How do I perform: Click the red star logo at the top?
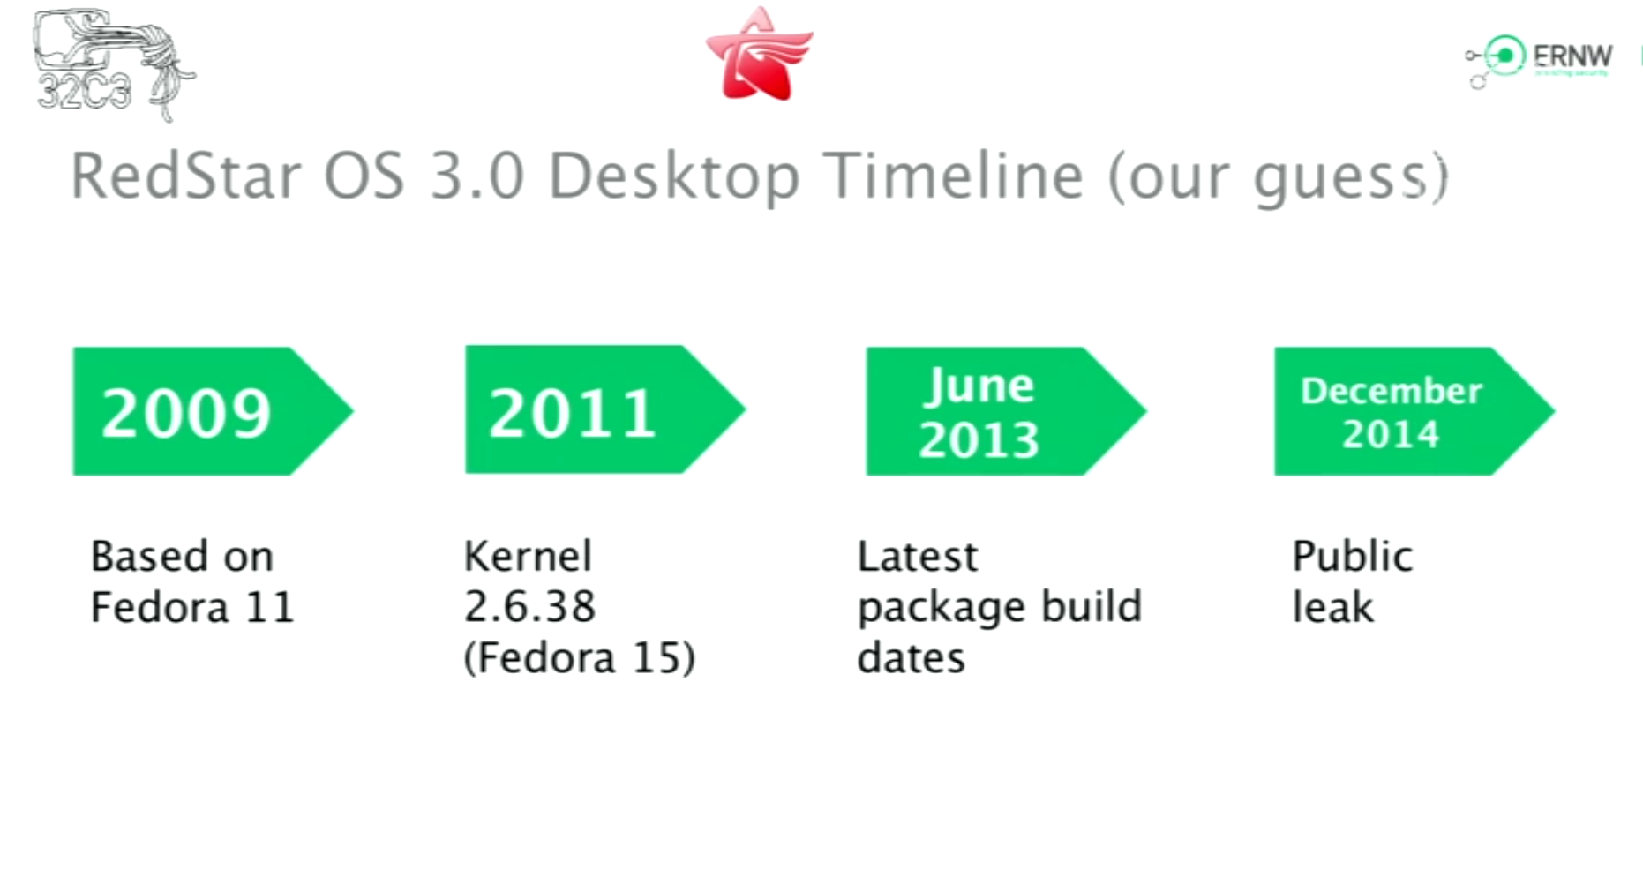(759, 55)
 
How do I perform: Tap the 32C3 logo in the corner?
(113, 64)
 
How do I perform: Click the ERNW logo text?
(1572, 56)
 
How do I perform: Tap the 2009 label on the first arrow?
(186, 413)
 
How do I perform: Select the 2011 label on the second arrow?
(573, 413)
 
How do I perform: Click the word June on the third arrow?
(979, 386)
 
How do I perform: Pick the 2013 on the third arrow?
(979, 439)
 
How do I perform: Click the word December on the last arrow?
(1392, 390)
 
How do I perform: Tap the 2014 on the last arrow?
(1392, 433)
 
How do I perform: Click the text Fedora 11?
(192, 607)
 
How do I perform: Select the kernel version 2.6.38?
(529, 607)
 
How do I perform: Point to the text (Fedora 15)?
(580, 658)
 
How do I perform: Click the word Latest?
(918, 557)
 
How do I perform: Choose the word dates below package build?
(912, 658)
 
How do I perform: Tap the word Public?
(1353, 557)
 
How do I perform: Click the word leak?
(1333, 607)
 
